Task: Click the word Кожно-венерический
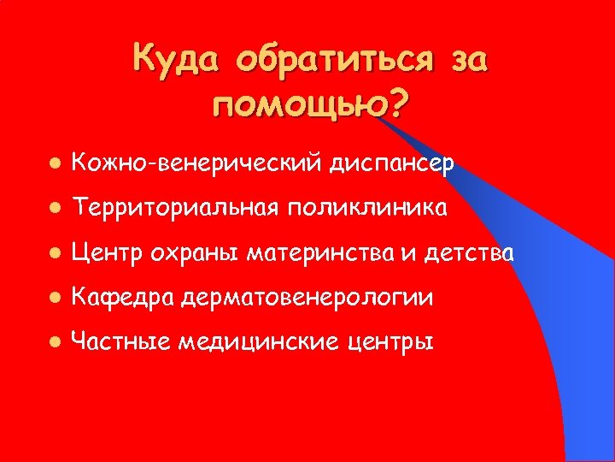198,162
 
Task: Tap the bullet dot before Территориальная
54,208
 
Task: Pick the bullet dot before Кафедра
54,299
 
